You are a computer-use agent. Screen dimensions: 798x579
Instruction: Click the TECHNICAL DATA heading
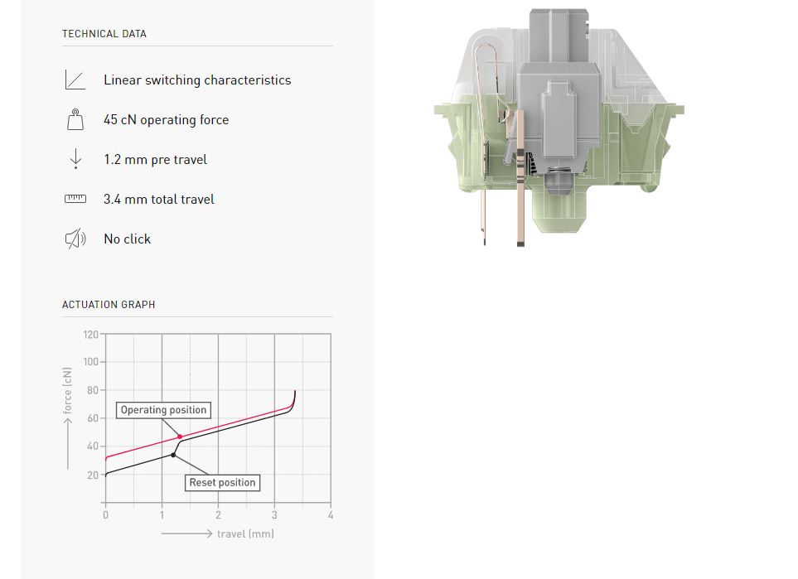[104, 34]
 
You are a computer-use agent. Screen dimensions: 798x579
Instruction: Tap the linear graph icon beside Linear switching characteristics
[75, 80]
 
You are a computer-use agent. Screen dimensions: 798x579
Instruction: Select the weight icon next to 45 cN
[75, 119]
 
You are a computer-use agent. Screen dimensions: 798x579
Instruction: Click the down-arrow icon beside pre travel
[76, 159]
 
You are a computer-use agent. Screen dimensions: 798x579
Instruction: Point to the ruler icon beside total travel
[75, 199]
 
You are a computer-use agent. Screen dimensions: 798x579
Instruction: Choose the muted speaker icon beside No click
[75, 239]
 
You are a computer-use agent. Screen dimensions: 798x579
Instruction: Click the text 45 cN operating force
[167, 120]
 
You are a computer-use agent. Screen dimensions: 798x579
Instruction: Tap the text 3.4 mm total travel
[159, 200]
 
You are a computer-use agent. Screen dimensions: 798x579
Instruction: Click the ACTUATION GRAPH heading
[109, 305]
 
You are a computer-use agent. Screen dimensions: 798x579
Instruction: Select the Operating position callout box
[163, 410]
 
